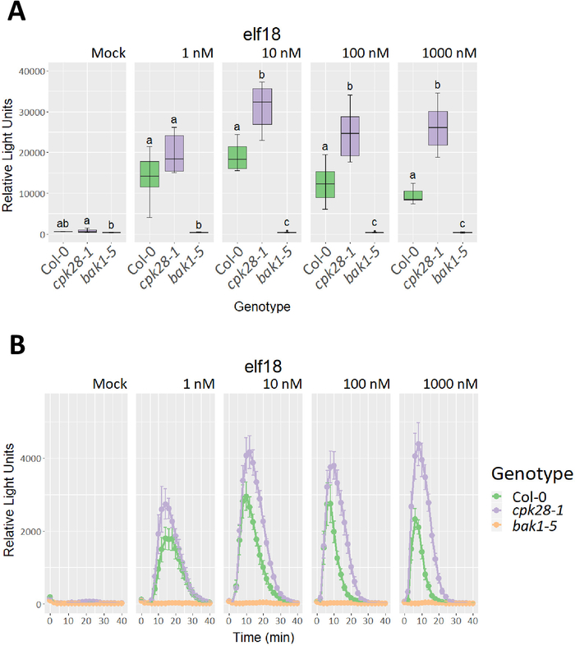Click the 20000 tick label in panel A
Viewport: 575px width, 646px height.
point(26,153)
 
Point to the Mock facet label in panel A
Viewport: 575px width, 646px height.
point(108,54)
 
